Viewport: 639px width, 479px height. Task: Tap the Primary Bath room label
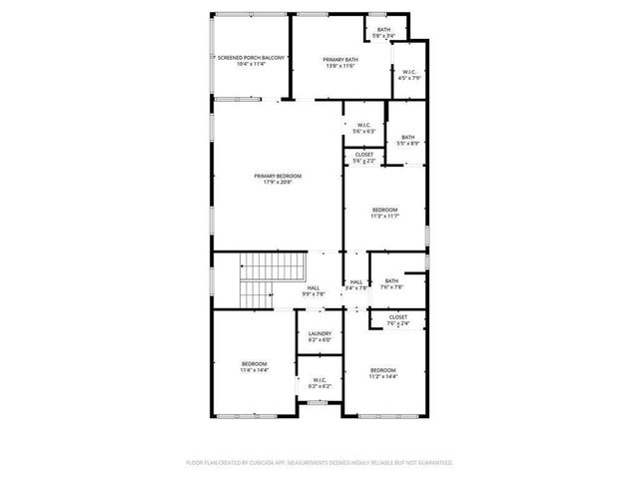pos(339,63)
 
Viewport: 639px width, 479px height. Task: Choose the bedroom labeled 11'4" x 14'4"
pos(254,366)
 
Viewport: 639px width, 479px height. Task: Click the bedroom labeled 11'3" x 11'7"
pos(384,212)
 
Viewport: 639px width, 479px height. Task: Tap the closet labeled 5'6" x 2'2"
pos(364,158)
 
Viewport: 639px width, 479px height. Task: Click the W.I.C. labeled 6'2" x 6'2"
pos(319,382)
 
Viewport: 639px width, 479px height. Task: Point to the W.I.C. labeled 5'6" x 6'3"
pos(363,128)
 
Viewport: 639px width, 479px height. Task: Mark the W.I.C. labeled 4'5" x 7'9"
pos(409,75)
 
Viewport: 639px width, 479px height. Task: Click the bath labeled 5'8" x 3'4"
pos(384,33)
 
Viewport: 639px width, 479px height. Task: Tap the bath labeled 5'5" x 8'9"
pos(408,140)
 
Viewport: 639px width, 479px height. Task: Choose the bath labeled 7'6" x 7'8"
pos(391,284)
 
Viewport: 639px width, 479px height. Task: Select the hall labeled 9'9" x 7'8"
pos(314,290)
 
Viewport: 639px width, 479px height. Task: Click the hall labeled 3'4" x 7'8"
pos(355,284)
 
